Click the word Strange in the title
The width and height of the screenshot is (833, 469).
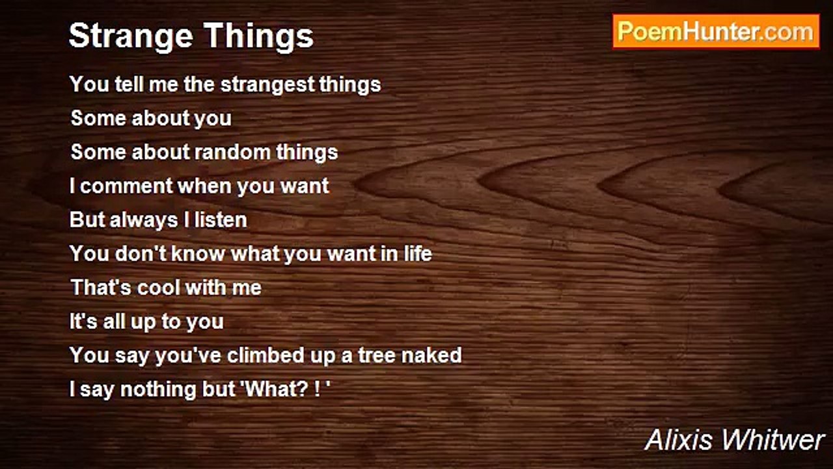[x=131, y=36]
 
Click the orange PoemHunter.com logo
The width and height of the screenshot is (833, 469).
[x=716, y=32]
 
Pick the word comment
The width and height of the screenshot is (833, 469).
[x=126, y=186]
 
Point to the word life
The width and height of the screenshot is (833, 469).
[x=418, y=254]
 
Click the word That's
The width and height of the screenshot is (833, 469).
[x=101, y=288]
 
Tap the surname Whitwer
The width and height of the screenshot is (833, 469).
[x=772, y=440]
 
